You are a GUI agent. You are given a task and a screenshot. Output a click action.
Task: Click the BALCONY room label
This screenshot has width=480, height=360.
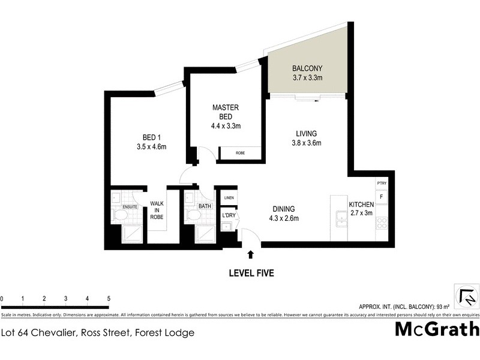[307, 68]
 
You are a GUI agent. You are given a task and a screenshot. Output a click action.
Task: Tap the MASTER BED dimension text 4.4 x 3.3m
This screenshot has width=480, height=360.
[226, 126]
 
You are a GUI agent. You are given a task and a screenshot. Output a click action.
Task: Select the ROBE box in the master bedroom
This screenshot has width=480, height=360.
[240, 154]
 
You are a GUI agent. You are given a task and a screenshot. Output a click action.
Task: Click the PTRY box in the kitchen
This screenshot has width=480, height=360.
[381, 183]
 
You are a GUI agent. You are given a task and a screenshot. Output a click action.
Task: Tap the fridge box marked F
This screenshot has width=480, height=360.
[381, 196]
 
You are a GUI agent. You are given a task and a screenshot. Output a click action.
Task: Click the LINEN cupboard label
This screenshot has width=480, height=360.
[229, 197]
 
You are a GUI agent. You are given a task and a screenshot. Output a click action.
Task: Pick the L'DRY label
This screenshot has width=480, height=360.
[228, 215]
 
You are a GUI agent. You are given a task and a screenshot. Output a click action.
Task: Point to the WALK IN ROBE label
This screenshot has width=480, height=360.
[157, 210]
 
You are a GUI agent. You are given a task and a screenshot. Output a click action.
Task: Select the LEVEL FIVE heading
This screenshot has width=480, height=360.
[251, 273]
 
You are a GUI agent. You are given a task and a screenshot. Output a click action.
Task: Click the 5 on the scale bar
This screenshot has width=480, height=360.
[109, 298]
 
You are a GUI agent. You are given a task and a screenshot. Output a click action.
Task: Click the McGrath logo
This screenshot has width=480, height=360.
[437, 329]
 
